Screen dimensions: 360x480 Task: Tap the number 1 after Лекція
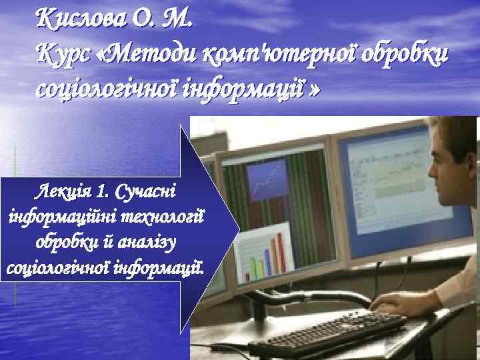(x=101, y=193)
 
